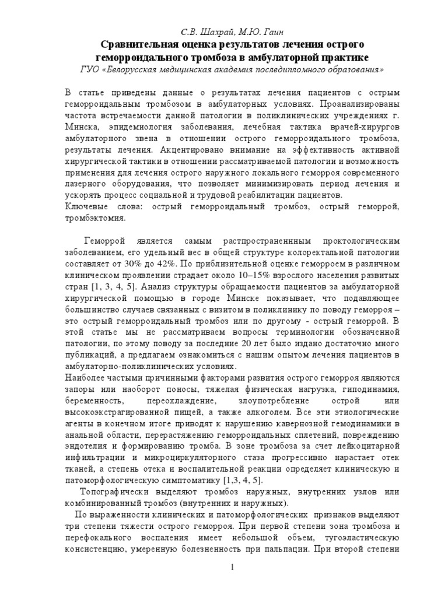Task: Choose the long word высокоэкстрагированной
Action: (x=120, y=414)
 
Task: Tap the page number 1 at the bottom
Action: (x=232, y=567)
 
